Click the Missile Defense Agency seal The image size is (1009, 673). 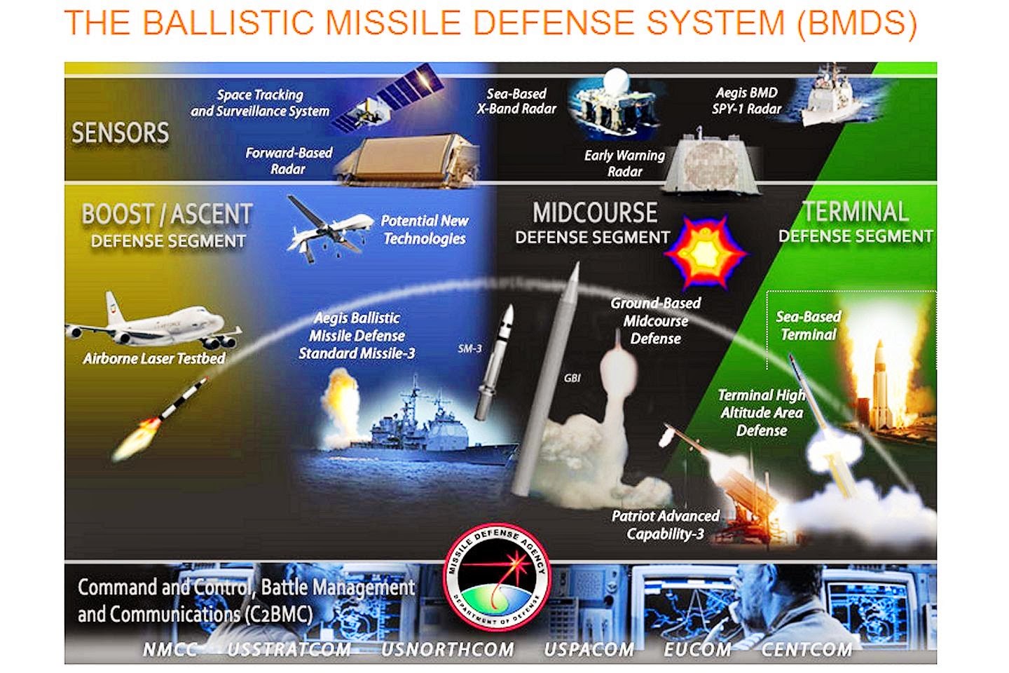[x=497, y=578]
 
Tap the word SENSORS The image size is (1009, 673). [x=121, y=132]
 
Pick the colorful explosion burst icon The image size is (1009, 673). [x=704, y=253]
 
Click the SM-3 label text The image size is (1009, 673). [x=469, y=348]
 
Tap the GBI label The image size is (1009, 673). [x=572, y=378]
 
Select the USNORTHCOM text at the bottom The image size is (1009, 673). [x=447, y=650]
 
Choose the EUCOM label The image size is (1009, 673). [x=697, y=650]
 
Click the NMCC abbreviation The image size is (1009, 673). [x=170, y=650]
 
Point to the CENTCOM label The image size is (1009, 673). [x=806, y=650]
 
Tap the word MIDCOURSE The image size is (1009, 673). [x=595, y=212]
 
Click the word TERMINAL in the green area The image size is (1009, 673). [x=856, y=212]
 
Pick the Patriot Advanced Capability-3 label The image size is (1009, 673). [x=666, y=525]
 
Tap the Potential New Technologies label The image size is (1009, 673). [x=425, y=229]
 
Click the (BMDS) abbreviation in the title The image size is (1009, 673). [x=857, y=22]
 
